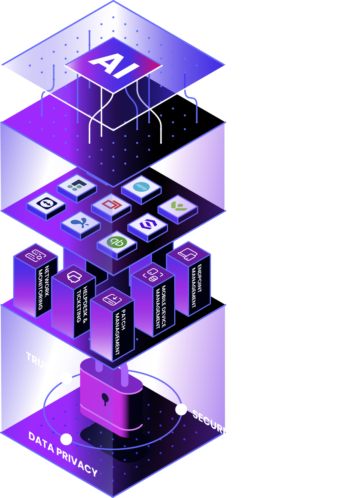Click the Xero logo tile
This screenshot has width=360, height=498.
pos(141,187)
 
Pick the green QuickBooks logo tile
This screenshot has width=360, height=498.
pos(116,242)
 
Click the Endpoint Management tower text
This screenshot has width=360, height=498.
pos(197,285)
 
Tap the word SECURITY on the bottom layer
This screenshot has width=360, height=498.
pos(214,425)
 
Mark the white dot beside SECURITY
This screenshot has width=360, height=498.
pos(181,410)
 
